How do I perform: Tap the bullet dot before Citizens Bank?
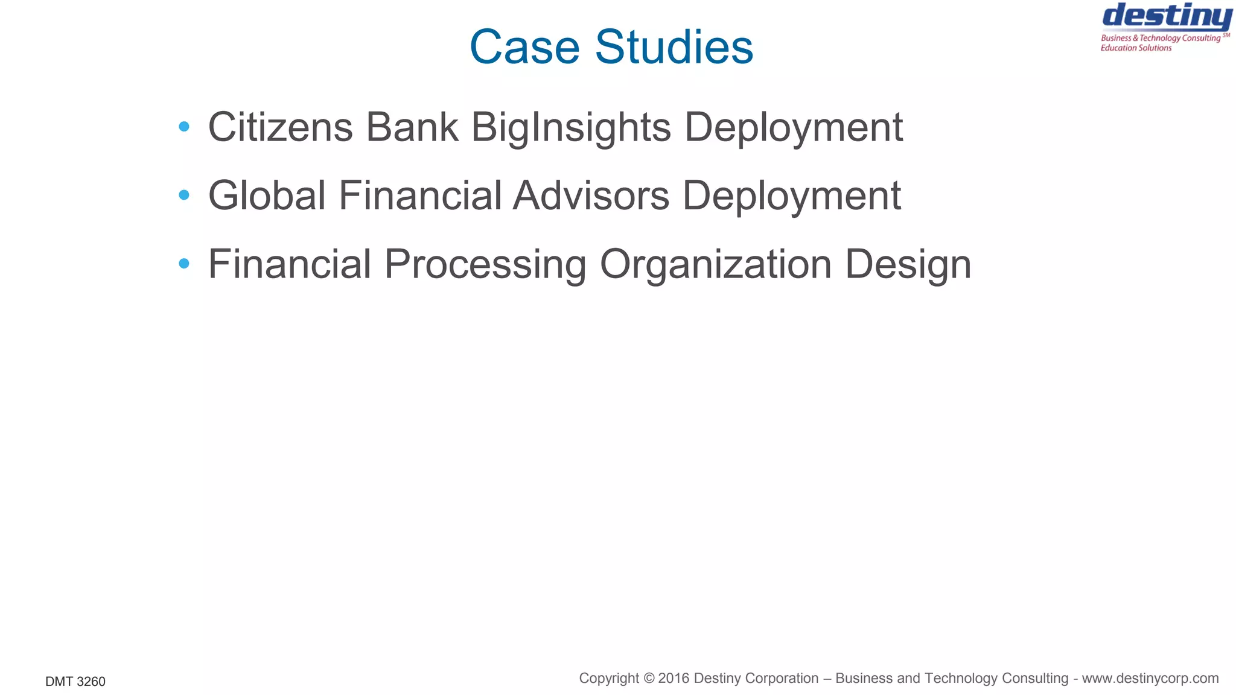(x=184, y=127)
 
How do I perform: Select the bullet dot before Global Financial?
(x=184, y=195)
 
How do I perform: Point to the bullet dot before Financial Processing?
(x=184, y=263)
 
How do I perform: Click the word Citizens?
(x=280, y=127)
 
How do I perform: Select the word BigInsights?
(x=570, y=129)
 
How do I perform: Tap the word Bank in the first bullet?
(x=412, y=127)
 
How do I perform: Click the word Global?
(x=267, y=195)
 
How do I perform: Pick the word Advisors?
(x=591, y=195)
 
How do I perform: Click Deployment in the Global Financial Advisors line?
(x=791, y=197)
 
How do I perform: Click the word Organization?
(x=716, y=265)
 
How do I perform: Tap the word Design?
(x=908, y=265)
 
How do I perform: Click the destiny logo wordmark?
(x=1167, y=17)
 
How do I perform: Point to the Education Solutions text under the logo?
(x=1136, y=48)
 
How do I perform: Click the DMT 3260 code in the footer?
(x=75, y=682)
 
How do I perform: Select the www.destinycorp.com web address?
(x=1150, y=678)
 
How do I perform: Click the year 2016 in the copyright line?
(x=674, y=678)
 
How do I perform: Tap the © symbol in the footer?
(x=649, y=678)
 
